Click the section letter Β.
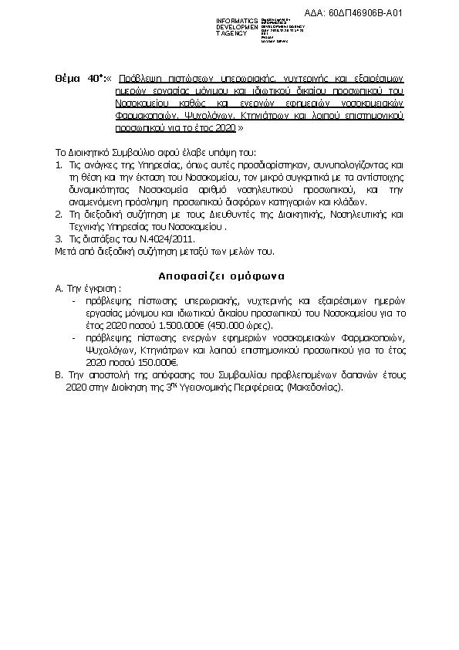59,374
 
